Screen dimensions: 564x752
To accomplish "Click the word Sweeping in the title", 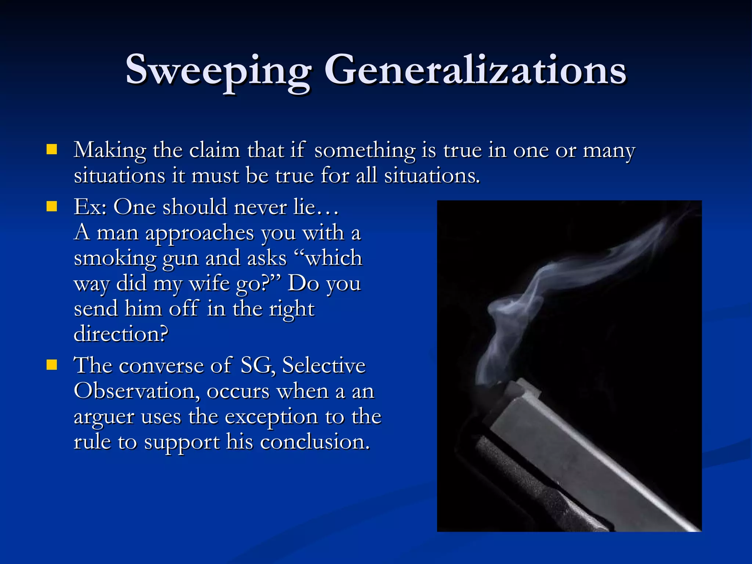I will tap(219, 70).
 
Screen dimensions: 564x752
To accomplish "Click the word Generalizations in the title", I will tap(475, 70).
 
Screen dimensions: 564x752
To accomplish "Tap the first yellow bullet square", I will tap(52, 149).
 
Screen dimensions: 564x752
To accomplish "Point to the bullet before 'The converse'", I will tap(52, 365).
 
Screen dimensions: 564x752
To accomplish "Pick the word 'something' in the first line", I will tap(365, 151).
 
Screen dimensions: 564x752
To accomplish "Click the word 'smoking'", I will tap(115, 258).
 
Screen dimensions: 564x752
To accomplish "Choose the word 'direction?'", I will tap(121, 334).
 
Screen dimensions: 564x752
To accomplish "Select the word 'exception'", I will tap(271, 417).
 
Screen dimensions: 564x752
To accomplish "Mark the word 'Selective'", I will tap(324, 365).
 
